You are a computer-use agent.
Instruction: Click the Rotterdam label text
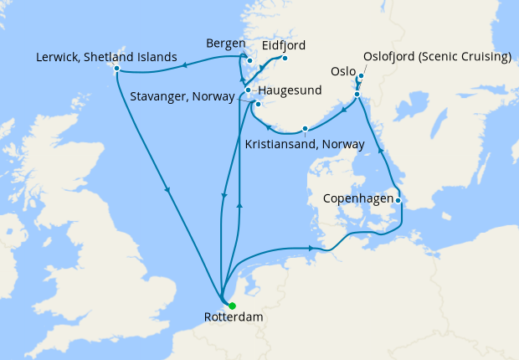[233, 318]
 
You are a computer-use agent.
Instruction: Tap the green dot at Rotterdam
[232, 306]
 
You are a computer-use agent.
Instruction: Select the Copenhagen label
[357, 200]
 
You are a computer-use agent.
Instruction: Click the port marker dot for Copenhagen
[399, 200]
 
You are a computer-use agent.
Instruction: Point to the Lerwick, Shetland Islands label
[106, 58]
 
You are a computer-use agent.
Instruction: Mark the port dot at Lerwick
[116, 68]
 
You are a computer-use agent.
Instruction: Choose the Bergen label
[225, 44]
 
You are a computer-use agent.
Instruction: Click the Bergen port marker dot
[249, 60]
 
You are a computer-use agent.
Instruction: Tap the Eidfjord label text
[284, 45]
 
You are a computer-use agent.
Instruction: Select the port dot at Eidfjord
[285, 58]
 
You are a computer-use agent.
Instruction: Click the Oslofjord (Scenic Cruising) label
[437, 58]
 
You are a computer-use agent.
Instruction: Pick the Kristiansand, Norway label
[305, 144]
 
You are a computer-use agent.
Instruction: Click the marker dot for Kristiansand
[306, 128]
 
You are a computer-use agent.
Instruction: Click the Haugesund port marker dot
[248, 90]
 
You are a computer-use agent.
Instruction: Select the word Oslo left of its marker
[343, 73]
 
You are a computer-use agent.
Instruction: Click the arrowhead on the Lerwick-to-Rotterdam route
[168, 189]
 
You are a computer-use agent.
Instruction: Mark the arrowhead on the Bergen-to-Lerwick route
[183, 63]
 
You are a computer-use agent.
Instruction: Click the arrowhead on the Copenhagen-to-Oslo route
[381, 152]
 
